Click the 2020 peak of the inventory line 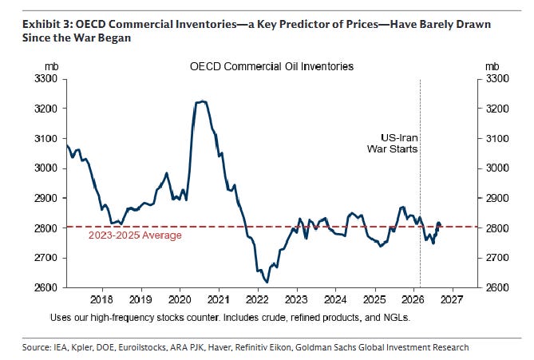[202, 101]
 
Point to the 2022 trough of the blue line [267, 282]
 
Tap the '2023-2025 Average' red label [135, 235]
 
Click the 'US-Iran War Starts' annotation [393, 144]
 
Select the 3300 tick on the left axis [45, 79]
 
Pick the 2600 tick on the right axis [497, 287]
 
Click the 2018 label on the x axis [101, 299]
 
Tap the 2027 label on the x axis [452, 299]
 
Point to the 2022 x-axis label [257, 299]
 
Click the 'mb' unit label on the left [51, 66]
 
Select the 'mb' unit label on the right [492, 66]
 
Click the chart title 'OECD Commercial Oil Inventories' [271, 66]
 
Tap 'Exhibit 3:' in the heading [48, 25]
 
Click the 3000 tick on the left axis [45, 168]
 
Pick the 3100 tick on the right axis [497, 139]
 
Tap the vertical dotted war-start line [420, 184]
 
